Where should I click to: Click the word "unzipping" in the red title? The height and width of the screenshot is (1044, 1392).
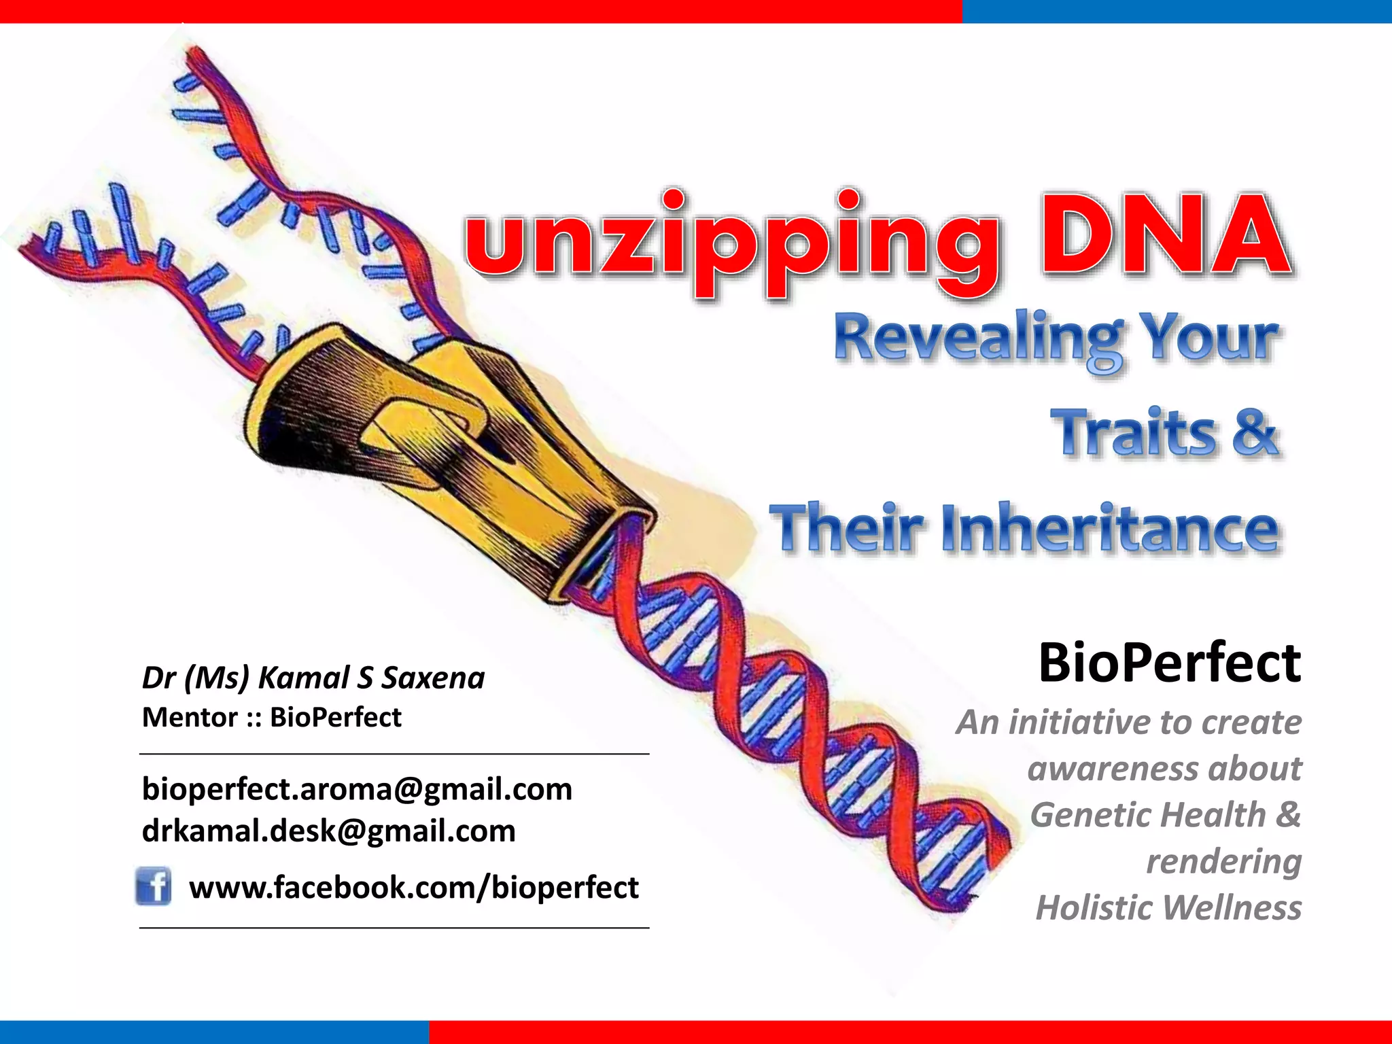pyautogui.click(x=731, y=241)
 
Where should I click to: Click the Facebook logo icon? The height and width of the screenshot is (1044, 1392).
pyautogui.click(x=154, y=886)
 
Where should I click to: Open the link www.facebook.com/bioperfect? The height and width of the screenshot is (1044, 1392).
pyautogui.click(x=413, y=888)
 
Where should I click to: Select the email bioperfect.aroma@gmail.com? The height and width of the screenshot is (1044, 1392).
pyautogui.click(x=357, y=789)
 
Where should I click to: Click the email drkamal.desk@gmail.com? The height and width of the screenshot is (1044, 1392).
pyautogui.click(x=328, y=831)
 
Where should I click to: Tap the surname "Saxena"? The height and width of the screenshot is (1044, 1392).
pyautogui.click(x=433, y=678)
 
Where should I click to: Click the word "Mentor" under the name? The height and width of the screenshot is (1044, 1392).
pyautogui.click(x=190, y=718)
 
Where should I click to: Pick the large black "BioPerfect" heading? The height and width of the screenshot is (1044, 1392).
pyautogui.click(x=1169, y=663)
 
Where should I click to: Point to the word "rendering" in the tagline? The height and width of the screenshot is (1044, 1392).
pyautogui.click(x=1223, y=862)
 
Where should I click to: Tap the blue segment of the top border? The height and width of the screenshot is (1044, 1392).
pyautogui.click(x=1176, y=12)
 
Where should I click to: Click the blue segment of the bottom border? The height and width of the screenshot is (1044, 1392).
pyautogui.click(x=214, y=1032)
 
